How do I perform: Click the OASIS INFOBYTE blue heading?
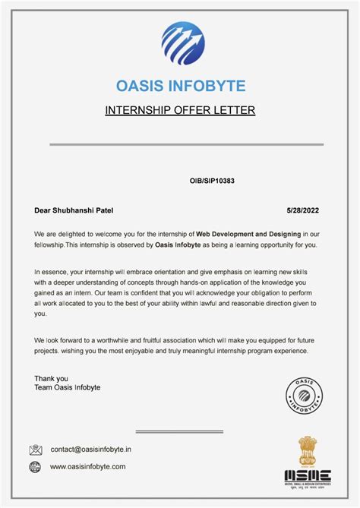(x=180, y=85)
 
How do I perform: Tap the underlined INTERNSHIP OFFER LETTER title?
(x=180, y=111)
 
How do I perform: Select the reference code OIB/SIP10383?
(x=212, y=181)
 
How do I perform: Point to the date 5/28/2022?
(x=304, y=210)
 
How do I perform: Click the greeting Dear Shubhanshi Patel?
(x=74, y=210)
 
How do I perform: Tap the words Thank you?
(x=51, y=378)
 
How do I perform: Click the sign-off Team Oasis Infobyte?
(x=67, y=387)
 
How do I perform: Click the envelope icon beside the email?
(x=36, y=450)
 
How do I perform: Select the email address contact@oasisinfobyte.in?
(x=90, y=450)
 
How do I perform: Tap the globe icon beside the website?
(x=36, y=467)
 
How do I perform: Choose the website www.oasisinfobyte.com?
(x=88, y=467)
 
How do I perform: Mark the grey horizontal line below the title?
(x=187, y=144)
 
